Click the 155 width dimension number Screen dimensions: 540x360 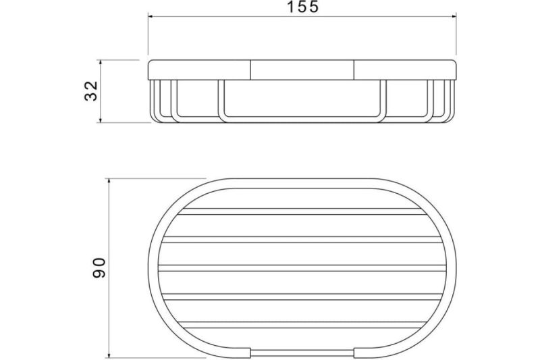pyautogui.click(x=303, y=7)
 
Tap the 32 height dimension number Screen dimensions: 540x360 pyautogui.click(x=91, y=91)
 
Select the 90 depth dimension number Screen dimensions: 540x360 pyautogui.click(x=99, y=267)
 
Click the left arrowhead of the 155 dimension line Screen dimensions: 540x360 pyautogui.click(x=151, y=16)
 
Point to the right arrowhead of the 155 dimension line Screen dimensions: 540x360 pyautogui.click(x=454, y=16)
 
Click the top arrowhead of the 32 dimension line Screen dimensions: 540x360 pyautogui.click(x=100, y=63)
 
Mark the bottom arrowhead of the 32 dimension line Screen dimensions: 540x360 pyautogui.click(x=100, y=119)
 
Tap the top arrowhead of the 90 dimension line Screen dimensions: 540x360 pyautogui.click(x=109, y=182)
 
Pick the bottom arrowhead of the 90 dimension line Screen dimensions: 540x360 pyautogui.click(x=109, y=354)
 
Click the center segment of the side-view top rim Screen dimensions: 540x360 pyautogui.click(x=302, y=70)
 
